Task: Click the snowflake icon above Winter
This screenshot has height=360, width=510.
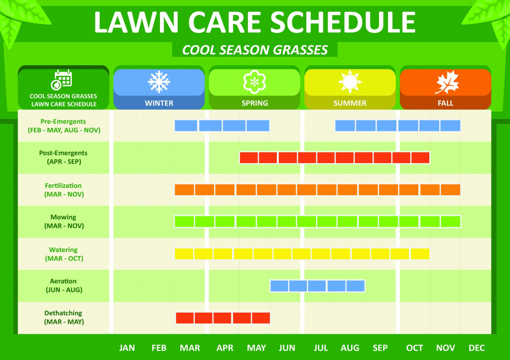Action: pyautogui.click(x=159, y=82)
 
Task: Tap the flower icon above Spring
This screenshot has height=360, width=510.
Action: pyautogui.click(x=255, y=82)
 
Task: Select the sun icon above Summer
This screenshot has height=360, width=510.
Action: pyautogui.click(x=350, y=82)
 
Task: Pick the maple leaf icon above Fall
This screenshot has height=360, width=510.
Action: pyautogui.click(x=445, y=82)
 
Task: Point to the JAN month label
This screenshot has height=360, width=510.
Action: pyautogui.click(x=127, y=348)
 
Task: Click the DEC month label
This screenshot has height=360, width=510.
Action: pyautogui.click(x=477, y=348)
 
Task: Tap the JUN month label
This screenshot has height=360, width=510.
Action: pyautogui.click(x=287, y=348)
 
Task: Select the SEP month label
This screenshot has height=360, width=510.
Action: pyautogui.click(x=380, y=348)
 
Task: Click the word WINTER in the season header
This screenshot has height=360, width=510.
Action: pyautogui.click(x=159, y=104)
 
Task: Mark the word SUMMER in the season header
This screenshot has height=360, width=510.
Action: pyautogui.click(x=350, y=104)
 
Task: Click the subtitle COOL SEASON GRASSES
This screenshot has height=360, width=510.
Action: pyautogui.click(x=255, y=50)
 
